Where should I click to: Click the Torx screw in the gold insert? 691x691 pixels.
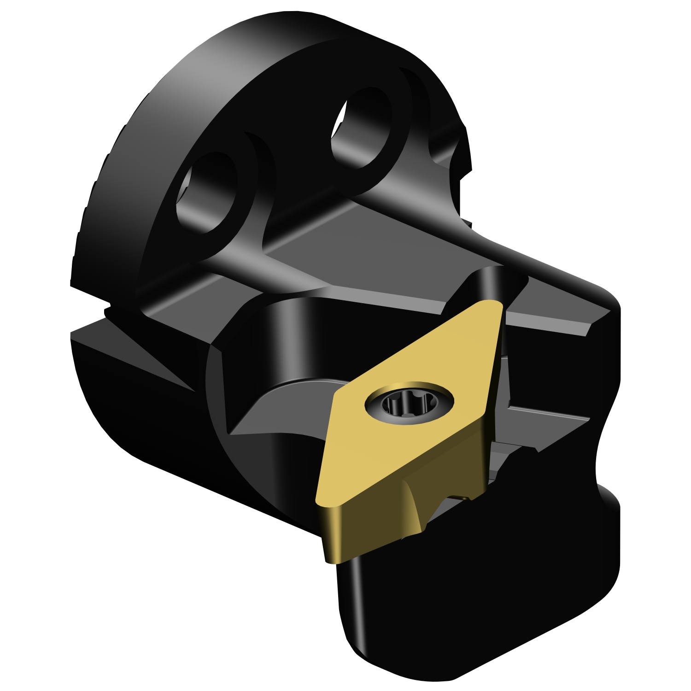click(x=409, y=404)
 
